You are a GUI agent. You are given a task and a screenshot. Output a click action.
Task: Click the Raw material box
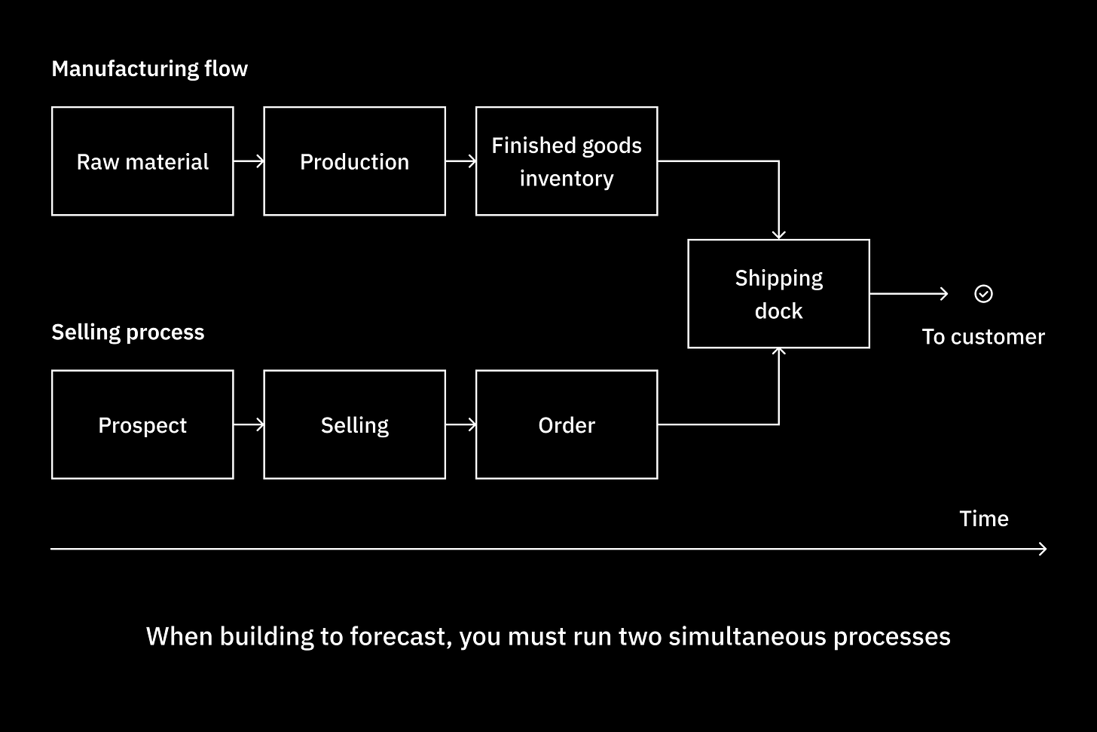pyautogui.click(x=142, y=161)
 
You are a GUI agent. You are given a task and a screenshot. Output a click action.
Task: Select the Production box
pyautogui.click(x=354, y=161)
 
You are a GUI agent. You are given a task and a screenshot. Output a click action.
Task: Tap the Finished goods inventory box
pyautogui.click(x=567, y=161)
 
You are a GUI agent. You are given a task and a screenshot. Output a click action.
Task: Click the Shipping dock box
pyautogui.click(x=778, y=294)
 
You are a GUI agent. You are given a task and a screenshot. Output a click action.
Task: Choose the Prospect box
pyautogui.click(x=142, y=424)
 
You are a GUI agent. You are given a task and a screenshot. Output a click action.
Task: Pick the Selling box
pyautogui.click(x=354, y=424)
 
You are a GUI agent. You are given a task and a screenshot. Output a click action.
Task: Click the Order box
pyautogui.click(x=567, y=424)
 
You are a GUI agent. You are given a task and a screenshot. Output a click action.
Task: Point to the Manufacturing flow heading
pyautogui.click(x=149, y=69)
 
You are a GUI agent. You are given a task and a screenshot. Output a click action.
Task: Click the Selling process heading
pyautogui.click(x=127, y=332)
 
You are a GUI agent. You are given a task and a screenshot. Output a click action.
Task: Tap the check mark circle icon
pyautogui.click(x=983, y=294)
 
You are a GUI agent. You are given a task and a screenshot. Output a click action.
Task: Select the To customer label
pyautogui.click(x=983, y=336)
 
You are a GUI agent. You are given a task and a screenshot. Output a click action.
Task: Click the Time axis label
pyautogui.click(x=983, y=519)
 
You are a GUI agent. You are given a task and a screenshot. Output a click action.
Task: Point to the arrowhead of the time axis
pyautogui.click(x=1044, y=549)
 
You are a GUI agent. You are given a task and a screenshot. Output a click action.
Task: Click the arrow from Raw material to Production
pyautogui.click(x=249, y=161)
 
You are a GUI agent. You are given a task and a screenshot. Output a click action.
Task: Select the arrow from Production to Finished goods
pyautogui.click(x=460, y=161)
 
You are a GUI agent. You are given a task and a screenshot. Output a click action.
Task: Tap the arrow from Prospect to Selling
pyautogui.click(x=249, y=424)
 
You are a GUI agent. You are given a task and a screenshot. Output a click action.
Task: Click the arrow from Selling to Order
pyautogui.click(x=460, y=424)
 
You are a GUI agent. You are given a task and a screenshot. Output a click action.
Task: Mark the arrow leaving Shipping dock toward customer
pyautogui.click(x=909, y=294)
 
